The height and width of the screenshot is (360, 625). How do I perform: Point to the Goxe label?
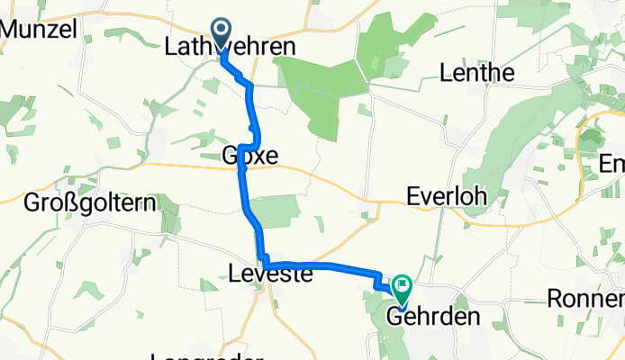[249, 157]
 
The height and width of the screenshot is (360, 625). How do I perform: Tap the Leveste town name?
[270, 274]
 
